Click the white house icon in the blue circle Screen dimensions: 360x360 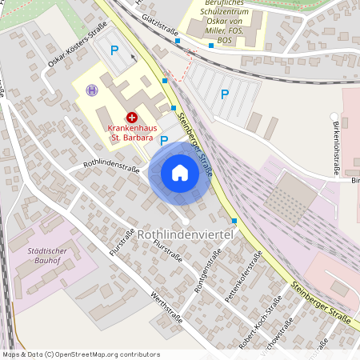pyautogui.click(x=180, y=173)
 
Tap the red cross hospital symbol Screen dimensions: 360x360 pyautogui.click(x=131, y=117)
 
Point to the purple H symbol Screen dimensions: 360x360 pyautogui.click(x=93, y=90)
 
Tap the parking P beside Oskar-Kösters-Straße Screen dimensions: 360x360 pyautogui.click(x=114, y=50)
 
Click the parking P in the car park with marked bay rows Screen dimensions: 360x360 pyautogui.click(x=224, y=94)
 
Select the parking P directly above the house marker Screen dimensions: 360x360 pyautogui.click(x=164, y=141)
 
